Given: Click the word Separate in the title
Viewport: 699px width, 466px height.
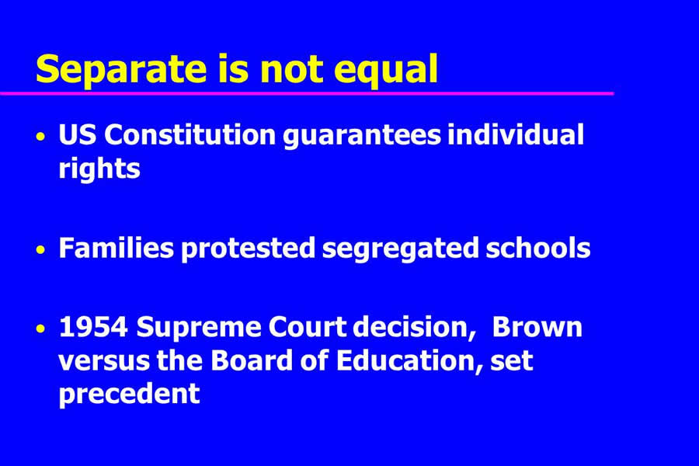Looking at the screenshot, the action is point(121,69).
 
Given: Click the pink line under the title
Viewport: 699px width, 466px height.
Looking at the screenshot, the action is point(307,93).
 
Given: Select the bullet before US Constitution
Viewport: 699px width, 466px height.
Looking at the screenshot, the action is point(41,136).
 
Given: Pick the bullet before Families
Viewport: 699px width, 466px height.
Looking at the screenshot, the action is point(41,249).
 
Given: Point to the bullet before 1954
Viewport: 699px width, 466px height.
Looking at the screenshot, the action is point(41,329).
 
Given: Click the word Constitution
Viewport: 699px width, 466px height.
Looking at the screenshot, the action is point(190,134).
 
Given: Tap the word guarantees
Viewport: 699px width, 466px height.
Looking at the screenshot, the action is point(362,137).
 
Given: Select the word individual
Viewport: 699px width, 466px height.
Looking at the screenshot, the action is point(516,134).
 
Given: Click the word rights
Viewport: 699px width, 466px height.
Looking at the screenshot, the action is point(99,170).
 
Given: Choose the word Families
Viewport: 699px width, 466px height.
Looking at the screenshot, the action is point(116,248).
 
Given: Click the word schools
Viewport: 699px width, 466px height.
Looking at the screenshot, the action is point(538,248).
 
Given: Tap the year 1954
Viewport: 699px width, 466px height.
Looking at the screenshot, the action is point(94,327).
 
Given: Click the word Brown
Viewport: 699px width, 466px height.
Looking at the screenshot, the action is point(537,327).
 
